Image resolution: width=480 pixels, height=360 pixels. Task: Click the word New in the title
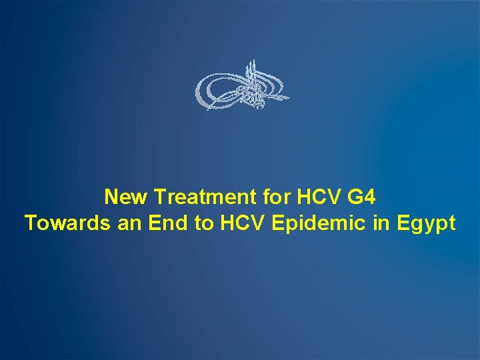[127, 197]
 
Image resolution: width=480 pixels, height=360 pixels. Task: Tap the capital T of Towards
[30, 223]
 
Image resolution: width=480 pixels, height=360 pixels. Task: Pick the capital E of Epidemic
[278, 223]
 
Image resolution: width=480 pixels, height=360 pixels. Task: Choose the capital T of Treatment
[159, 197]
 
